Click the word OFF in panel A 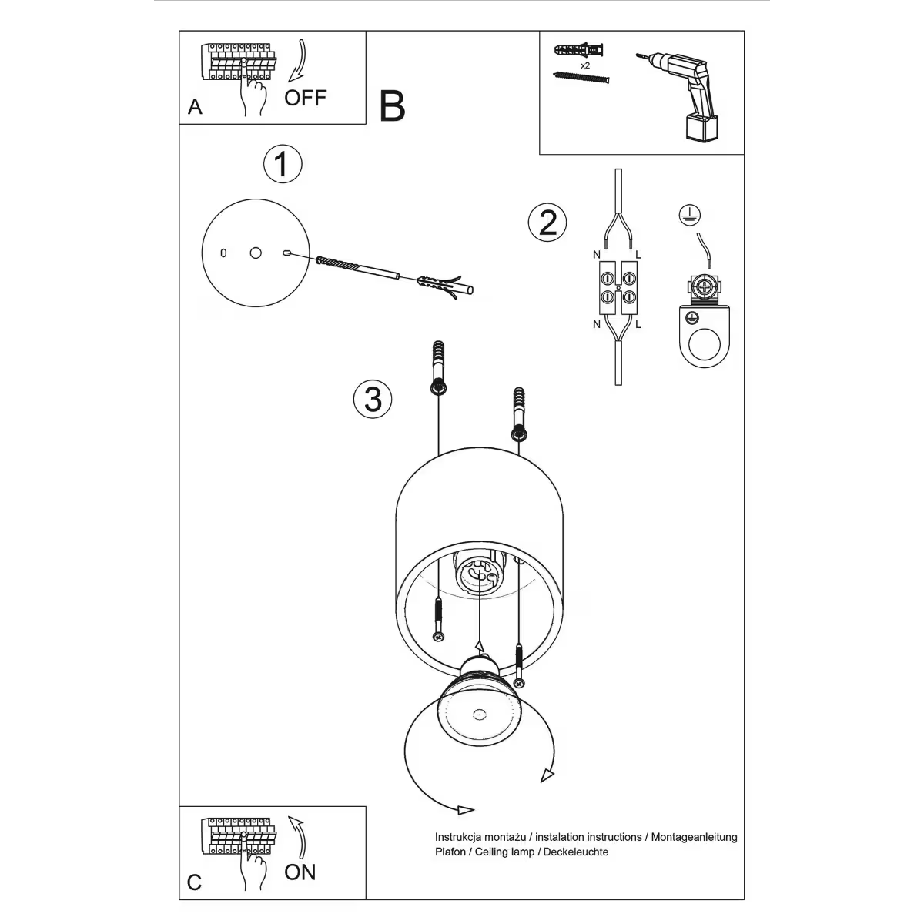[x=306, y=98]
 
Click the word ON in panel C [x=300, y=872]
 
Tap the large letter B [x=392, y=106]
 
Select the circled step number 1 [x=283, y=165]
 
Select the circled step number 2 [x=547, y=223]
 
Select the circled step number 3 [x=373, y=399]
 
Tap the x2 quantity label [x=586, y=66]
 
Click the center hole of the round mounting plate [x=256, y=253]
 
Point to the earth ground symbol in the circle [x=688, y=217]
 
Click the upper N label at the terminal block [x=596, y=255]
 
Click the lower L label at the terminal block [x=638, y=324]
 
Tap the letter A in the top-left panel [x=195, y=107]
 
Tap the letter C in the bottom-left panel [x=194, y=882]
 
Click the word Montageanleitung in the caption [x=694, y=837]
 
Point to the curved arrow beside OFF [x=297, y=62]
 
